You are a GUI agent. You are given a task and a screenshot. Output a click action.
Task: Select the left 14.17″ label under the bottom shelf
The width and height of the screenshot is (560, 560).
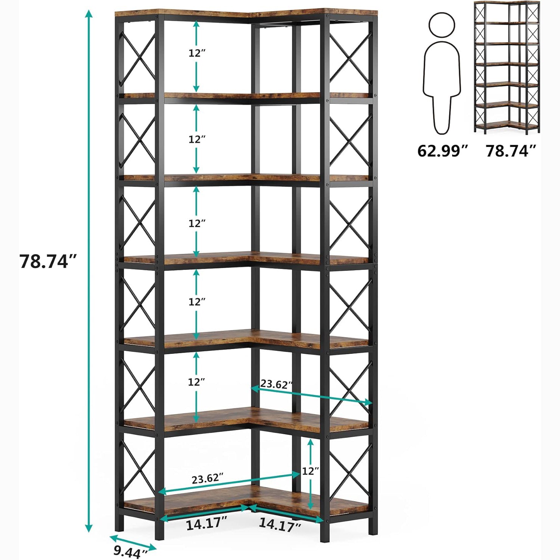[206, 524]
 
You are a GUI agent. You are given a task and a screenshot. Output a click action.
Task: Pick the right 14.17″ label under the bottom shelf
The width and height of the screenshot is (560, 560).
[280, 525]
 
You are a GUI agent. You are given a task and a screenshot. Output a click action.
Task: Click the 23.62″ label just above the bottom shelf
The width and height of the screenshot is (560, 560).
[208, 479]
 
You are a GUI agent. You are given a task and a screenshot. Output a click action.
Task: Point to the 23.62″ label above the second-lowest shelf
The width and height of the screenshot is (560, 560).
[276, 384]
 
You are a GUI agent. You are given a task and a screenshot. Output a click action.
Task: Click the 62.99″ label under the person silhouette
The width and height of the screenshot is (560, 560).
[442, 151]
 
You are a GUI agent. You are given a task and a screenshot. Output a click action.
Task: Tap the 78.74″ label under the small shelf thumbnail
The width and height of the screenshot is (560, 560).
[511, 151]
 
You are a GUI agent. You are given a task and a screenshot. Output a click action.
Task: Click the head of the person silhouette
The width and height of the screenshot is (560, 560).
[442, 25]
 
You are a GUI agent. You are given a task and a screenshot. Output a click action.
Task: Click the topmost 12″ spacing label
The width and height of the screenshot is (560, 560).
[197, 53]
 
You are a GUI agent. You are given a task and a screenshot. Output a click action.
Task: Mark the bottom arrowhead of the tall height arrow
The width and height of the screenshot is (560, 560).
[88, 528]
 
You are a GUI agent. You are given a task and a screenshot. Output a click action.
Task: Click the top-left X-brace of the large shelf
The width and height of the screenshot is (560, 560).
[137, 59]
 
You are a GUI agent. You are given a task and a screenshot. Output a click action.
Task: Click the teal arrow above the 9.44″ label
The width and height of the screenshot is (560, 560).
[133, 543]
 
